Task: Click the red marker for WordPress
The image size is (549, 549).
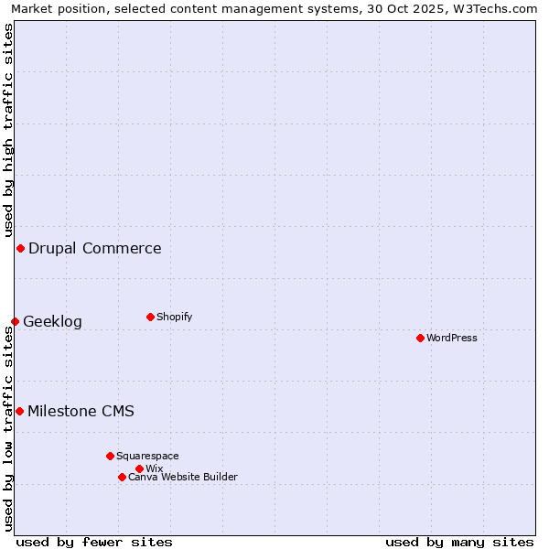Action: pyautogui.click(x=420, y=338)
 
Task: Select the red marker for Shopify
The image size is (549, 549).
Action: pyautogui.click(x=150, y=317)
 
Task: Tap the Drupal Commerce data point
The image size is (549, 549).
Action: pyautogui.click(x=20, y=248)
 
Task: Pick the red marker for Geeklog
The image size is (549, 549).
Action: pyautogui.click(x=15, y=321)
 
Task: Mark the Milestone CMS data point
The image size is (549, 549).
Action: pyautogui.click(x=19, y=411)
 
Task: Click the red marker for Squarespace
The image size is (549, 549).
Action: pyautogui.click(x=110, y=456)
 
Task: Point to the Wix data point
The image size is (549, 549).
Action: pyautogui.click(x=139, y=468)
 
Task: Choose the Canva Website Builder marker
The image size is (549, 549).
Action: pyautogui.click(x=122, y=477)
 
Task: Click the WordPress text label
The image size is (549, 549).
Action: pyautogui.click(x=452, y=338)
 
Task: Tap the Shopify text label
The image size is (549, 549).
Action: pyautogui.click(x=175, y=317)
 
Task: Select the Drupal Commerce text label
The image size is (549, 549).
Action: pyautogui.click(x=95, y=248)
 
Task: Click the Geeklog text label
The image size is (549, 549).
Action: pyautogui.click(x=52, y=321)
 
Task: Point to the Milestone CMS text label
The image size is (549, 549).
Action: pyautogui.click(x=81, y=411)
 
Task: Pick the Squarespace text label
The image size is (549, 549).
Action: pyautogui.click(x=147, y=456)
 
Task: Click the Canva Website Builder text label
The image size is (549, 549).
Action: pyautogui.click(x=183, y=477)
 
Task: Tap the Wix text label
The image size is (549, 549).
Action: pyautogui.click(x=155, y=468)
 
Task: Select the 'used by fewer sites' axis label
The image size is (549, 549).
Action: pyautogui.click(x=94, y=542)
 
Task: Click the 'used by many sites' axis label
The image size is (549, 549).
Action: pyautogui.click(x=459, y=542)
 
